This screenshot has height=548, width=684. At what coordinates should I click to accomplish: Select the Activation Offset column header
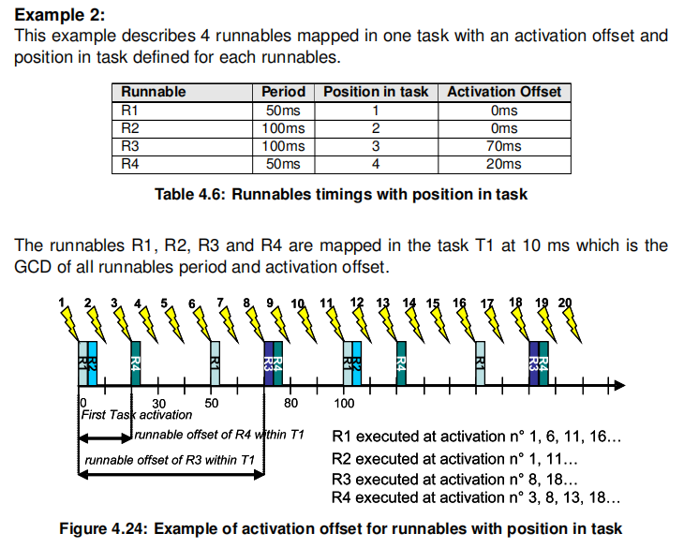click(x=504, y=92)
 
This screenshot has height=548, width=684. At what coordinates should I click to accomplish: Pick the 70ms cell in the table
click(x=504, y=146)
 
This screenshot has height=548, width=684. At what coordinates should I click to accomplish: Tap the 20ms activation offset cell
click(x=504, y=164)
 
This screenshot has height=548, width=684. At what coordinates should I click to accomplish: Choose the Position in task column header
click(x=376, y=92)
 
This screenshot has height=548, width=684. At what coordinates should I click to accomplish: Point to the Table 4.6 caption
click(x=341, y=195)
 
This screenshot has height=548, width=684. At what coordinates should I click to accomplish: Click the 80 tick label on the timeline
click(x=290, y=403)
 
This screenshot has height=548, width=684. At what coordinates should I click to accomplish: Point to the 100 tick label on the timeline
click(x=345, y=403)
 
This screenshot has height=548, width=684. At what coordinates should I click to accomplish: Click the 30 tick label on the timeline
click(x=158, y=403)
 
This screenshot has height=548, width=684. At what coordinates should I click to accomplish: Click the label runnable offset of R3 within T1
click(x=170, y=460)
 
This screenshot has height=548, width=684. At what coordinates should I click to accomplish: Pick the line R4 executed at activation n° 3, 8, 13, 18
click(x=476, y=497)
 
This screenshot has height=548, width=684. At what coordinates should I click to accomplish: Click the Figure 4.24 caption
click(x=341, y=528)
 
